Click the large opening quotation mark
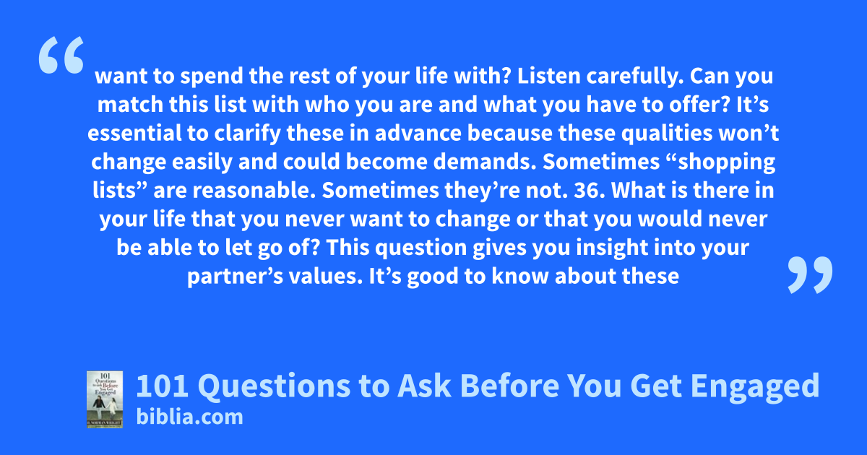pyautogui.click(x=61, y=55)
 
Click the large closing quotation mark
pyautogui.click(x=810, y=274)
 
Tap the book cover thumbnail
pyautogui.click(x=105, y=399)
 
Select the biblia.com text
pyautogui.click(x=189, y=417)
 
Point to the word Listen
pyautogui.click(x=548, y=76)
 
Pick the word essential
pyautogui.click(x=134, y=133)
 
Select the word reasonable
pyautogui.click(x=254, y=191)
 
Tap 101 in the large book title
pyautogui.click(x=163, y=386)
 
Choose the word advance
pyautogui.click(x=418, y=133)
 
